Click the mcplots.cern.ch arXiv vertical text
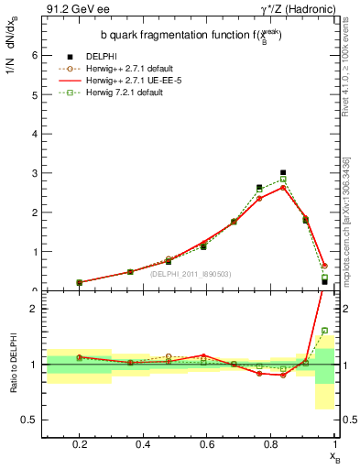(x=353, y=220)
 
